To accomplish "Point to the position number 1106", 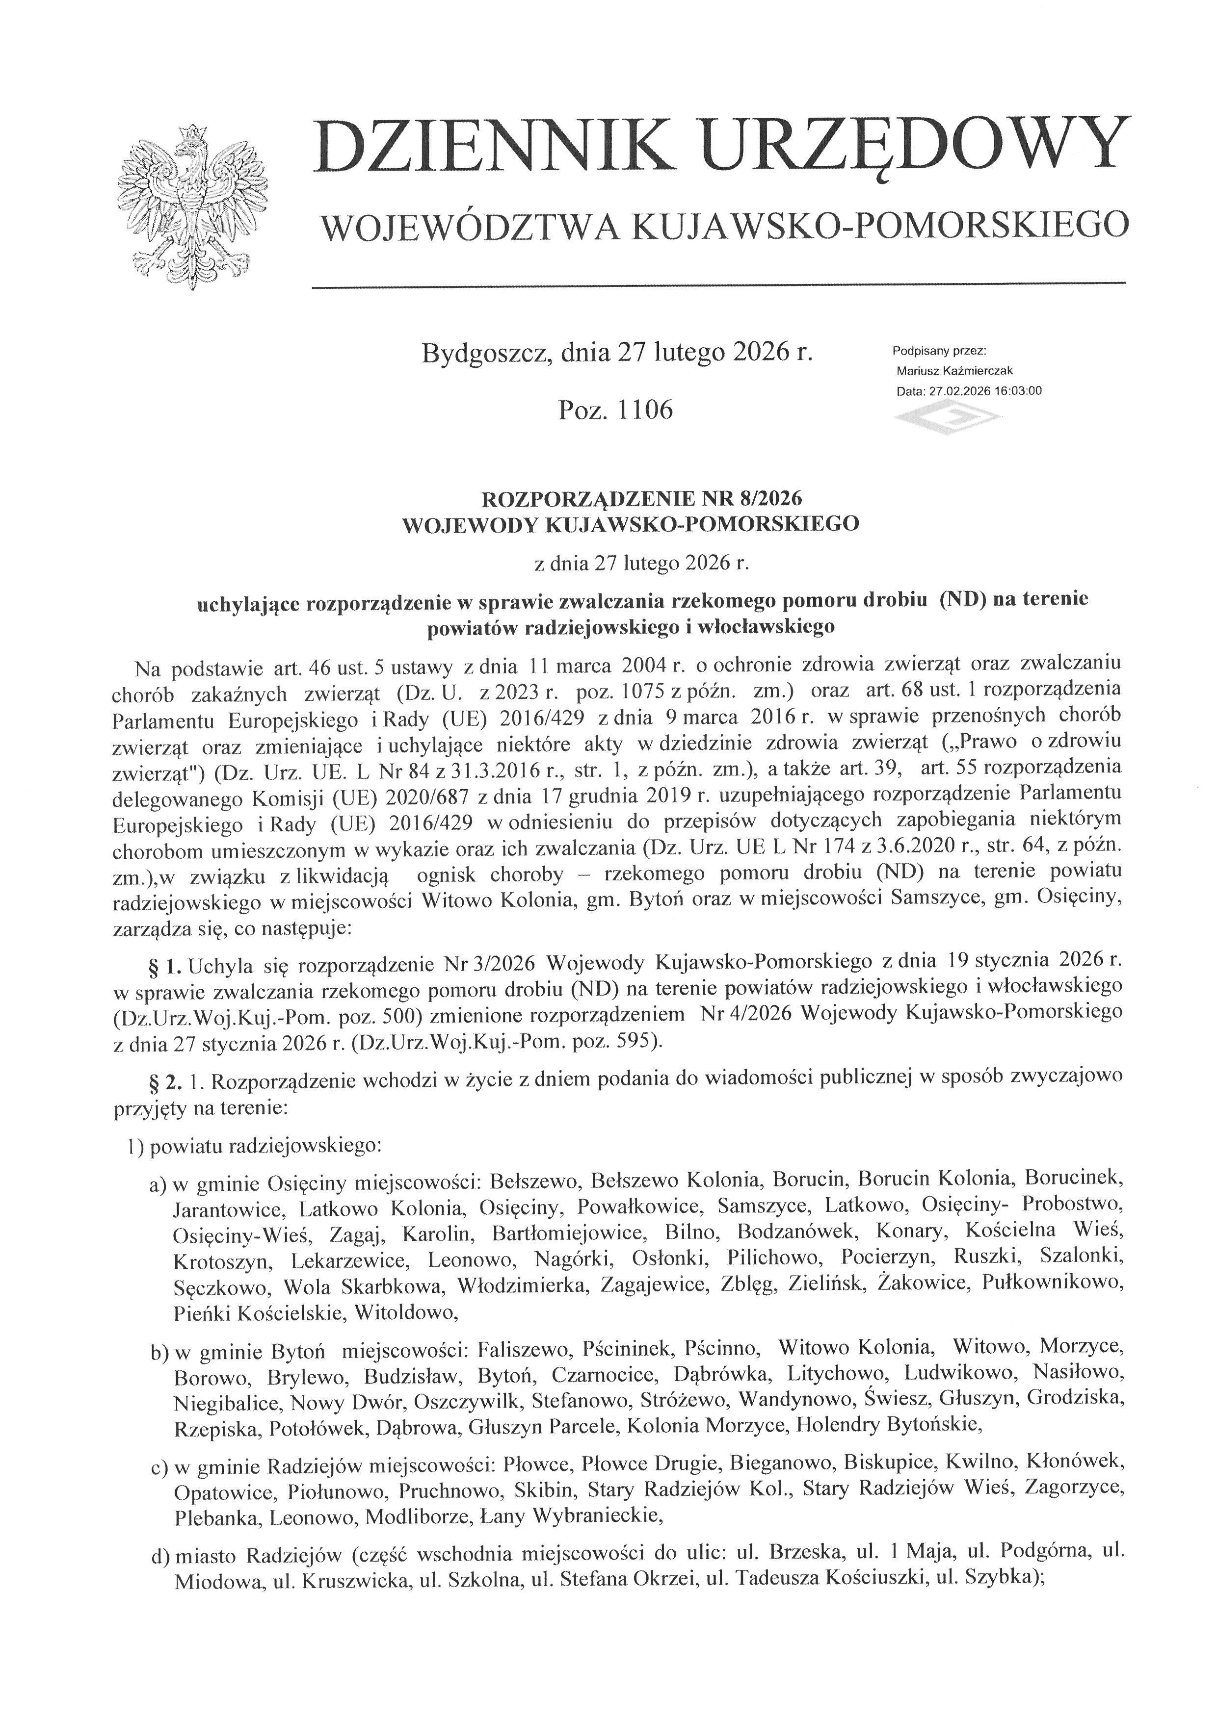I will (x=646, y=410).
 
